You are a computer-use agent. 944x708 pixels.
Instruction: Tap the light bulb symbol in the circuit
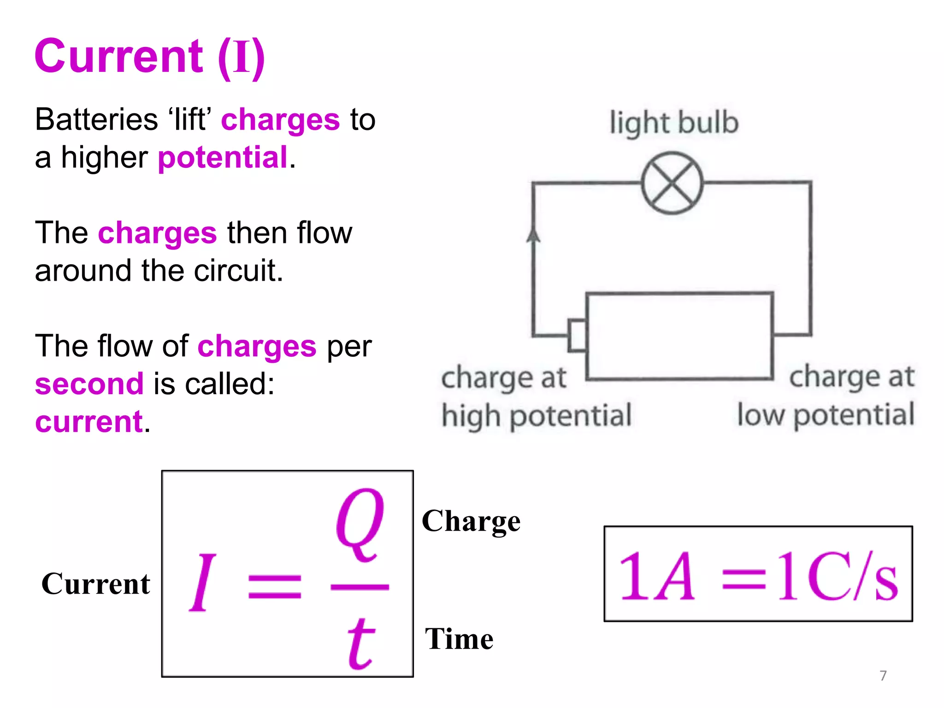click(672, 183)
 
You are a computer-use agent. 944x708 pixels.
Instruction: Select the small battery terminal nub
click(577, 335)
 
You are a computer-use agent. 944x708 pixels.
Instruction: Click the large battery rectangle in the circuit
click(679, 336)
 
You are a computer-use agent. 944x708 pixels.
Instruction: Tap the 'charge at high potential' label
click(536, 397)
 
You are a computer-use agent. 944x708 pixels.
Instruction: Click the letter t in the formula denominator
click(360, 643)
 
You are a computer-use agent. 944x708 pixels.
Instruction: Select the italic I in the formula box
click(202, 583)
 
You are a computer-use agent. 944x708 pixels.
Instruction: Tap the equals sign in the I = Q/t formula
click(275, 586)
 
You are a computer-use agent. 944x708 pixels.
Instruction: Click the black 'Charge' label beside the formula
click(471, 521)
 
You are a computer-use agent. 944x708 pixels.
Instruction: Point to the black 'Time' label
click(459, 639)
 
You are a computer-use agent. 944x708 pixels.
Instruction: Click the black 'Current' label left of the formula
click(95, 584)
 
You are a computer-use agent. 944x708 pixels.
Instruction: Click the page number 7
click(883, 675)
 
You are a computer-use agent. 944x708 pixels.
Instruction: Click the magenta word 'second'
click(89, 384)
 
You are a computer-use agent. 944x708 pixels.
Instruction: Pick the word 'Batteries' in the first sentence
click(96, 120)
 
